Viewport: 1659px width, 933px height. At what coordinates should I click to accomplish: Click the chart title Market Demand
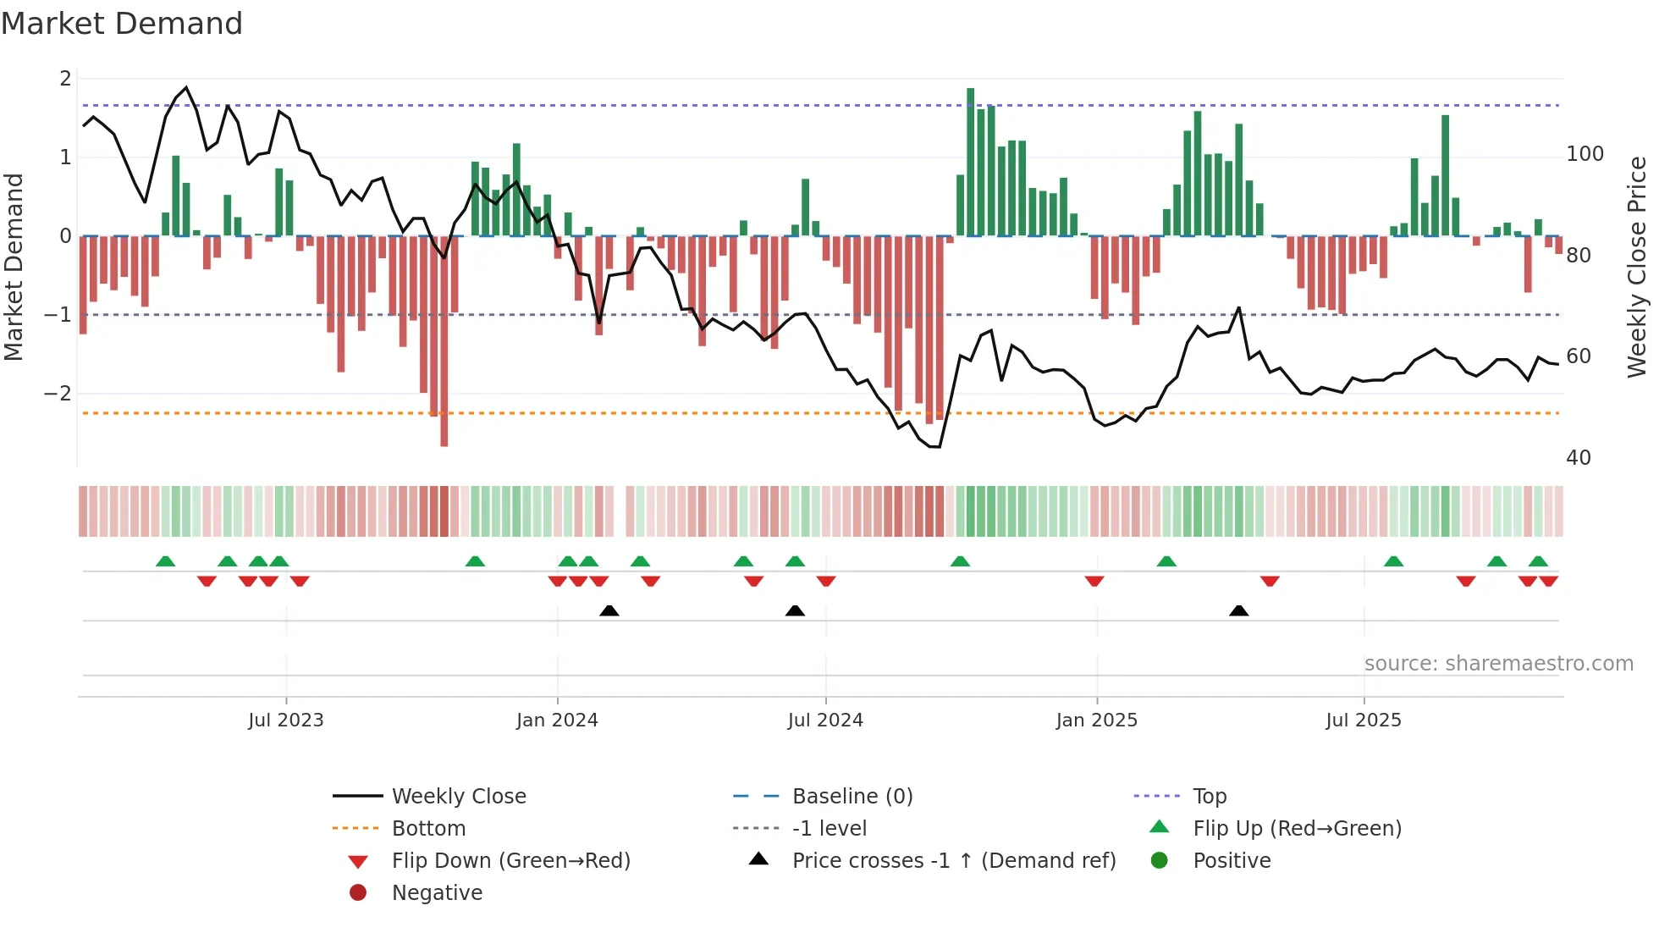click(122, 24)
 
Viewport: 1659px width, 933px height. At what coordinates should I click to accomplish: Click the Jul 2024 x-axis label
click(825, 720)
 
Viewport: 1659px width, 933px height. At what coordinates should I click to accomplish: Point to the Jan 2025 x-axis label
click(1097, 720)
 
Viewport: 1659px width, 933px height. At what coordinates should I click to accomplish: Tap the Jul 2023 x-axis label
click(286, 720)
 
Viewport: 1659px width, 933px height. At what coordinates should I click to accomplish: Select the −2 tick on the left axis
click(58, 394)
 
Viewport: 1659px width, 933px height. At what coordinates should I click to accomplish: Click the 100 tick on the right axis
click(1585, 154)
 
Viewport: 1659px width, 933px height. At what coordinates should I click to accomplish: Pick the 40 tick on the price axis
click(1579, 458)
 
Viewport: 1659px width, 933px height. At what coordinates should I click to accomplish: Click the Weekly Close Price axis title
click(1638, 267)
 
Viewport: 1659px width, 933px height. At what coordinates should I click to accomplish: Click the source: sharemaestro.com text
click(1498, 664)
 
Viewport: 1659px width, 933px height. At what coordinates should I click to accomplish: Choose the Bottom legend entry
click(428, 829)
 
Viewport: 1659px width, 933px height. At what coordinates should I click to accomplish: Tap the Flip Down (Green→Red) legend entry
click(510, 861)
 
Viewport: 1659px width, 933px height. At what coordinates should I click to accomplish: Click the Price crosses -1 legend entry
click(953, 861)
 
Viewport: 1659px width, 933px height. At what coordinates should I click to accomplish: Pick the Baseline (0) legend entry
click(852, 797)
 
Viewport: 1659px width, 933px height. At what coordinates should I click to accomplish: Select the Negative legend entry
click(437, 893)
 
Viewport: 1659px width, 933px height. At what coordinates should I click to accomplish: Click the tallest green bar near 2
click(971, 161)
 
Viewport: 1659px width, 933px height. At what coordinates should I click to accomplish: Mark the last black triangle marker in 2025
click(1238, 610)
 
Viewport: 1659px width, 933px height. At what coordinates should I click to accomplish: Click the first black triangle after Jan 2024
click(609, 610)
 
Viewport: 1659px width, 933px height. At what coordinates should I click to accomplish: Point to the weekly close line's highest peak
click(186, 87)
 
